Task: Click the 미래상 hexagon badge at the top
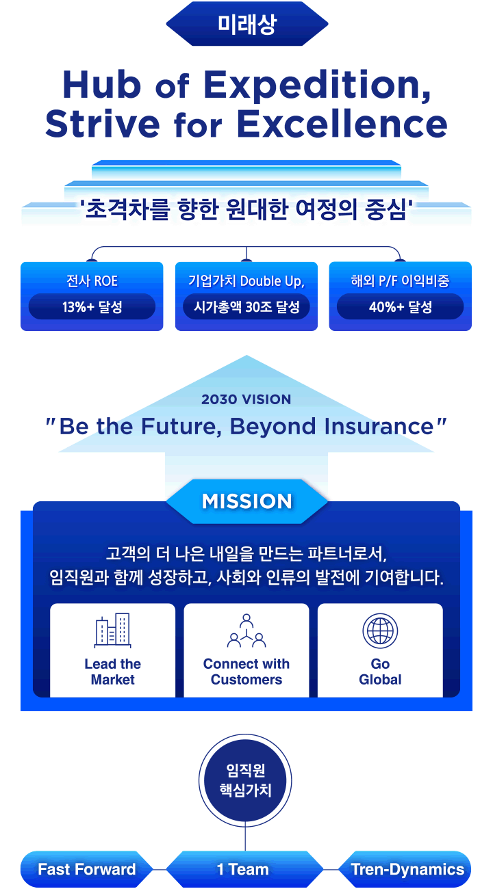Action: click(x=246, y=24)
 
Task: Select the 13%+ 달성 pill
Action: click(x=92, y=306)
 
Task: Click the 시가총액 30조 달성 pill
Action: click(x=246, y=306)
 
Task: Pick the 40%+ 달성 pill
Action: click(x=400, y=306)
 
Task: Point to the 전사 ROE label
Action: click(x=92, y=281)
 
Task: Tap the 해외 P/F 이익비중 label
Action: click(x=400, y=281)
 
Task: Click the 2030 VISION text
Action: click(x=246, y=399)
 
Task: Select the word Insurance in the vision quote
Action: click(x=379, y=427)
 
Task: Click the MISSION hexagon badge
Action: click(x=246, y=501)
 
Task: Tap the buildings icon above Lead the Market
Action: click(x=113, y=631)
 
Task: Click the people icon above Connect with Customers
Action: click(x=246, y=631)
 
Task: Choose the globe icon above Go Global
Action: click(x=380, y=631)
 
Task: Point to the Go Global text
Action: click(x=380, y=672)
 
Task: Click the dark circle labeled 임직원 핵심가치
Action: click(x=245, y=780)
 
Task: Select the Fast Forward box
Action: click(x=86, y=869)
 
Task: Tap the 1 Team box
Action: click(x=244, y=869)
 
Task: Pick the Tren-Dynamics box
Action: click(x=405, y=869)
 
